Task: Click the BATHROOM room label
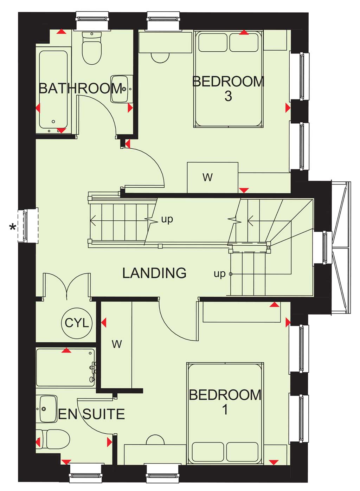[x=80, y=89]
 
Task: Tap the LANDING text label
[x=154, y=273]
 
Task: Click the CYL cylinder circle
[x=77, y=323]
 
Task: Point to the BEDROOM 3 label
[x=228, y=89]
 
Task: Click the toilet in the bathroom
[x=92, y=48]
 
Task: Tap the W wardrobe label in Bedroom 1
[x=117, y=344]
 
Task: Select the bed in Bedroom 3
[x=229, y=79]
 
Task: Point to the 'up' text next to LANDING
[x=219, y=274]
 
